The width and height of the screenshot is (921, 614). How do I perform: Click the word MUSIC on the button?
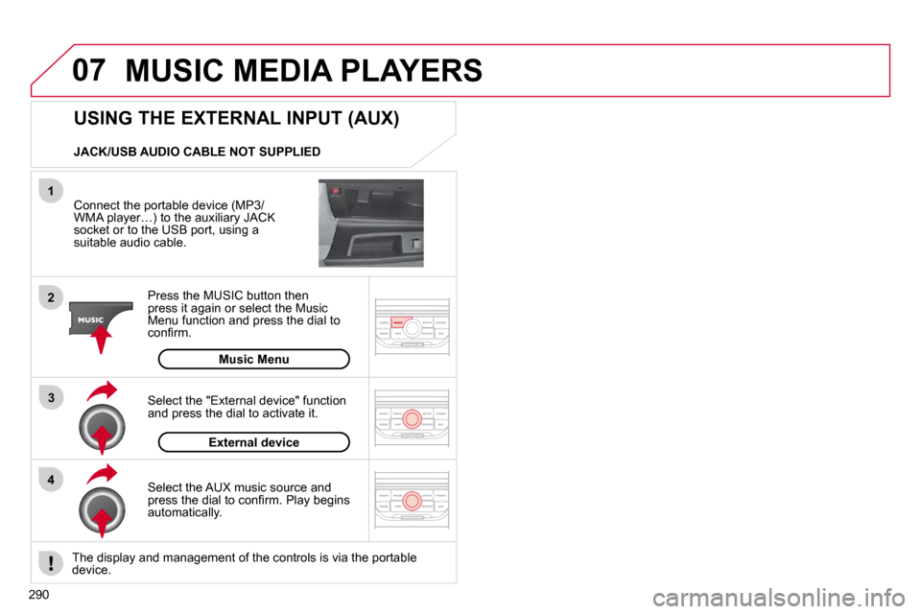pyautogui.click(x=91, y=319)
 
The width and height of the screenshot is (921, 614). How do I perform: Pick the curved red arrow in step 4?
pyautogui.click(x=102, y=473)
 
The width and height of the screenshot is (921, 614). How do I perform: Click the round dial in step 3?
pyautogui.click(x=102, y=425)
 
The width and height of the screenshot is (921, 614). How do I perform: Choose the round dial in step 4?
pyautogui.click(x=102, y=508)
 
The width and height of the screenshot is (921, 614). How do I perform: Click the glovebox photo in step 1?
pyautogui.click(x=370, y=223)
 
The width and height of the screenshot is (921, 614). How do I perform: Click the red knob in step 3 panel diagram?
pyautogui.click(x=412, y=417)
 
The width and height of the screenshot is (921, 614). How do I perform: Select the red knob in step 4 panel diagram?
pyautogui.click(x=412, y=500)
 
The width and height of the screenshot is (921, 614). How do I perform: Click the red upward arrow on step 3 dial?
pyautogui.click(x=102, y=439)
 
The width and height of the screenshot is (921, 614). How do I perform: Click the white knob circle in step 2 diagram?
pyautogui.click(x=412, y=329)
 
